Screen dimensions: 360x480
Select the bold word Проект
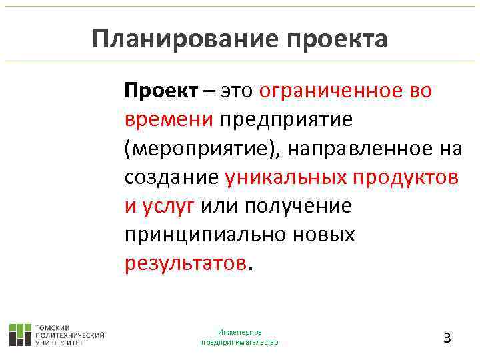pos(161,91)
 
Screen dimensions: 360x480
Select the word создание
pos(171,177)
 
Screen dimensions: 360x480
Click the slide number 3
pos(447,337)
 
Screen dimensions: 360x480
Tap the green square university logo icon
pos(20,335)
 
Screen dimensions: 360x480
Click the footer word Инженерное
pos(240,332)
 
